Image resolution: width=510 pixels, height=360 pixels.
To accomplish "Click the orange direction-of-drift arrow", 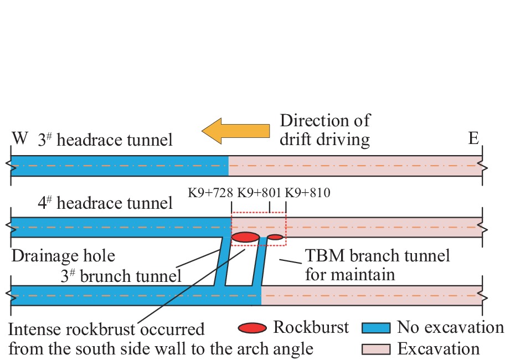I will (x=235, y=131).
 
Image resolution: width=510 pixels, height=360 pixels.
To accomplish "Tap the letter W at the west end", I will (x=20, y=138).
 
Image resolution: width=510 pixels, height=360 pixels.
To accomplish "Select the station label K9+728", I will (x=211, y=193).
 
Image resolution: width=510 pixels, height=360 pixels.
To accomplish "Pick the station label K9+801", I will (x=260, y=193).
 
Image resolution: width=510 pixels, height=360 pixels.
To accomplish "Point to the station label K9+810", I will (x=307, y=193).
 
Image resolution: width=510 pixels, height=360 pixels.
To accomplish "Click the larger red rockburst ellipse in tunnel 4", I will (x=245, y=238).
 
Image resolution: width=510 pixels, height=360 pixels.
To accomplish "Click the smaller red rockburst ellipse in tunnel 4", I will (x=275, y=238).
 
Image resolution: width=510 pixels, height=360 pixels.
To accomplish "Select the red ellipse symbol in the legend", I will (x=254, y=328).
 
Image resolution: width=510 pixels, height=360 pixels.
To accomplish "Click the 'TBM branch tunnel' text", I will (x=378, y=256).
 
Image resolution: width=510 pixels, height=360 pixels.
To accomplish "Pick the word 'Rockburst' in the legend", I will (x=311, y=327).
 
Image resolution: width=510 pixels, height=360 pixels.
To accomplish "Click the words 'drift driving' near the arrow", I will (x=324, y=139).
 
